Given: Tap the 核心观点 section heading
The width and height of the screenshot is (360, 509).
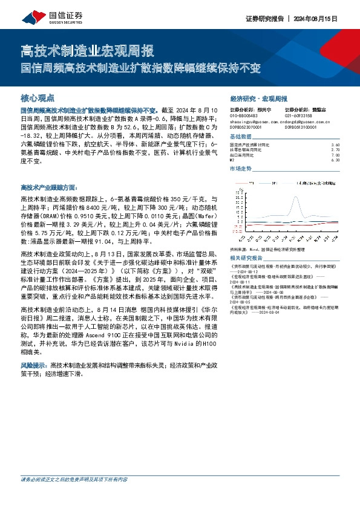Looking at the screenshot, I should point(38,97).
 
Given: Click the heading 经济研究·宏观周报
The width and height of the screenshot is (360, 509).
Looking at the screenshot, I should point(258,99).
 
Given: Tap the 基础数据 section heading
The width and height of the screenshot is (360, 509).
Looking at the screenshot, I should point(243,137).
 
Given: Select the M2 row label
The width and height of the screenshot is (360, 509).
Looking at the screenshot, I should point(232,160).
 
